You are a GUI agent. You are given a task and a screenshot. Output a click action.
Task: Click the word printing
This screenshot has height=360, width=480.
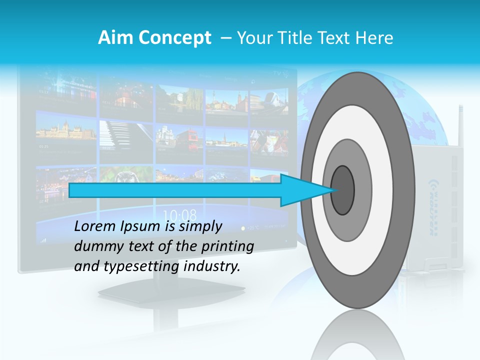point(228,246)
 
